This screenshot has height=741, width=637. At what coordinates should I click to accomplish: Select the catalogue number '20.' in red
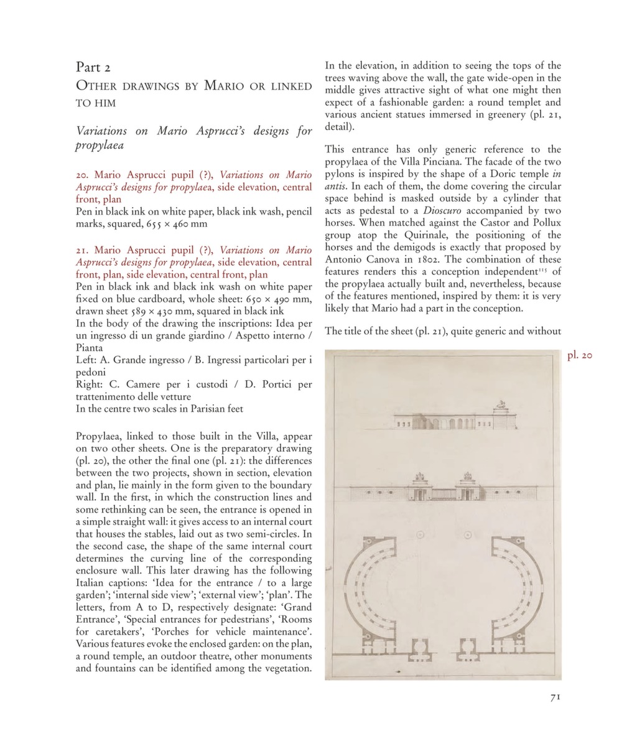[83, 175]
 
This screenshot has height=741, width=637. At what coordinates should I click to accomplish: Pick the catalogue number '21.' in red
[83, 250]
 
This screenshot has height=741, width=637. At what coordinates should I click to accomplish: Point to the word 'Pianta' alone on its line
[90, 348]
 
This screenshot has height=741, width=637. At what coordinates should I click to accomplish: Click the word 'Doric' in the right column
[476, 174]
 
